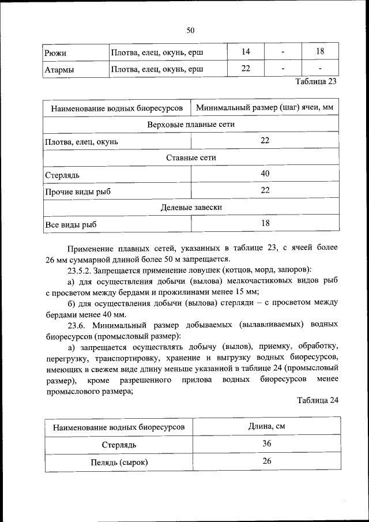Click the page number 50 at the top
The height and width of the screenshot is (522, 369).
pyautogui.click(x=190, y=30)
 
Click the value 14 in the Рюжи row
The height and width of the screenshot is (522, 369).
pyautogui.click(x=246, y=52)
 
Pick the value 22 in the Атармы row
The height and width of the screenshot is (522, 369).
pyautogui.click(x=246, y=69)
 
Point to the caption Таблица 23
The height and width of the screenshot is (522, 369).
pyautogui.click(x=315, y=82)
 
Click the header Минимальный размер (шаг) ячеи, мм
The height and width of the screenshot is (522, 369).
pyautogui.click(x=265, y=108)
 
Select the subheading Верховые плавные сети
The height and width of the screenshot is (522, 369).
pyautogui.click(x=191, y=124)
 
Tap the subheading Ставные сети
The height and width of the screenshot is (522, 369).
pyautogui.click(x=191, y=157)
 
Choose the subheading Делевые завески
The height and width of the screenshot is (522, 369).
pyautogui.click(x=191, y=206)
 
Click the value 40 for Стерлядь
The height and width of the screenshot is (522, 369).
pyautogui.click(x=265, y=173)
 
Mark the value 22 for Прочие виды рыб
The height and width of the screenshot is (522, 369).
pyautogui.click(x=265, y=190)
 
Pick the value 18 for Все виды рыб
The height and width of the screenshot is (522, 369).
pyautogui.click(x=265, y=223)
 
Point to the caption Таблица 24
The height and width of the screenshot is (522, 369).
pyautogui.click(x=317, y=401)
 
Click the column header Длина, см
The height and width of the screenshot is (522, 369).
pyautogui.click(x=267, y=427)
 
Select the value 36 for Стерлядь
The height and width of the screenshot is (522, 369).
pyautogui.click(x=267, y=444)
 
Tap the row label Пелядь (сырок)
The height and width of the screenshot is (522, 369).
pyautogui.click(x=119, y=462)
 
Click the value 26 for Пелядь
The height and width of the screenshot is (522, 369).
pyautogui.click(x=267, y=461)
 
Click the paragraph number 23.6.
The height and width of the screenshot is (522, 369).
pyautogui.click(x=77, y=325)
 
